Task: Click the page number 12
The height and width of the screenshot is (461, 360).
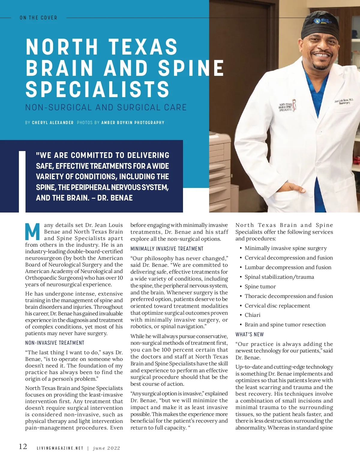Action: click(23, 447)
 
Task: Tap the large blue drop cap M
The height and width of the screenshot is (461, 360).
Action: click(32, 232)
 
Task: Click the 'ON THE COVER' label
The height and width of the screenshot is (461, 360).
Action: click(38, 18)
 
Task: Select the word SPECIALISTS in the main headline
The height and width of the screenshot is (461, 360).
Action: click(97, 89)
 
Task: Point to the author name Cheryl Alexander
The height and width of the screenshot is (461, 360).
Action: click(53, 123)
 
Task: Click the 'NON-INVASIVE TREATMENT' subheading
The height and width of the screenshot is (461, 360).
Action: click(55, 343)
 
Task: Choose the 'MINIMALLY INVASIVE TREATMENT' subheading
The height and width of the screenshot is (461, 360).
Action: click(167, 249)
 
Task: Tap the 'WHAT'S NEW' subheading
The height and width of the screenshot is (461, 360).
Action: click(250, 335)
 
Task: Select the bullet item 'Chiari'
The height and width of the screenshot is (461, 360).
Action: click(253, 315)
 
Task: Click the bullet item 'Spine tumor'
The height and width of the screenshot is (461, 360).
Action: click(260, 287)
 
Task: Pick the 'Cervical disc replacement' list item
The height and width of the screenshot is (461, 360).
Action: click(277, 306)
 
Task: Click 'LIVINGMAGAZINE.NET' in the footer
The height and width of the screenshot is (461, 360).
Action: click(60, 448)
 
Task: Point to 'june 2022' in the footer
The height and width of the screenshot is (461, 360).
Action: click(106, 448)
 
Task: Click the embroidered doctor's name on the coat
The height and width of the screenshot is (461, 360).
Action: click(344, 101)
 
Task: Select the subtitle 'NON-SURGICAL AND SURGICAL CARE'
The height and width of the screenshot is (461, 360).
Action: click(106, 107)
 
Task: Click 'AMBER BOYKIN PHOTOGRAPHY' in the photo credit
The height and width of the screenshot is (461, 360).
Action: click(133, 123)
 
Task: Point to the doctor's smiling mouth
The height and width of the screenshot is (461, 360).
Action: click(322, 56)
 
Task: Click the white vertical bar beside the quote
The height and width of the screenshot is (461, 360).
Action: click(22, 182)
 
